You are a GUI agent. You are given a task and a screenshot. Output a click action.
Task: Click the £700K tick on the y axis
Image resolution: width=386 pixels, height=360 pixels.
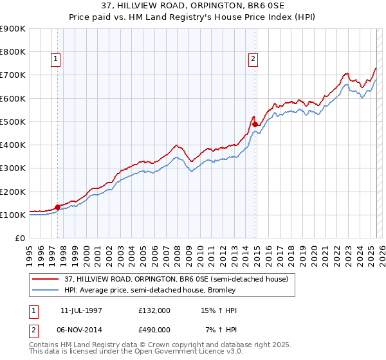click(13, 75)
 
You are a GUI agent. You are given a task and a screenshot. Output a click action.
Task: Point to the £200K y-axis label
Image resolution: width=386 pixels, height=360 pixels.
click(13, 192)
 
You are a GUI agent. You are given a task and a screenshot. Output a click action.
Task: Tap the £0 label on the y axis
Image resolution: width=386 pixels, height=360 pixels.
click(19, 239)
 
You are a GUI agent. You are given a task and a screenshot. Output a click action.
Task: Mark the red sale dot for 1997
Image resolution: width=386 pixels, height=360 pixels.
click(58, 207)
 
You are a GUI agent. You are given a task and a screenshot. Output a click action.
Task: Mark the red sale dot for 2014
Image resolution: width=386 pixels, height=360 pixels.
click(255, 124)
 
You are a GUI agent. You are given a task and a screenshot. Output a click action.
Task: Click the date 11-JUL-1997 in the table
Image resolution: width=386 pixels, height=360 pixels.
click(81, 310)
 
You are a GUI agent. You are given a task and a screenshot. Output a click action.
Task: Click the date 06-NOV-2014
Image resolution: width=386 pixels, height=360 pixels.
click(81, 329)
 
